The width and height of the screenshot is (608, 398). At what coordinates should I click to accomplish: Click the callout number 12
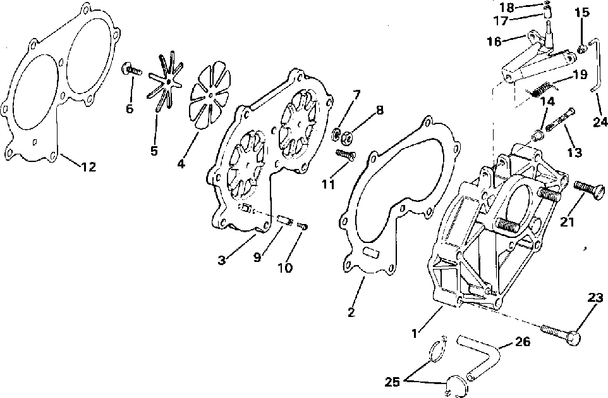click(x=88, y=167)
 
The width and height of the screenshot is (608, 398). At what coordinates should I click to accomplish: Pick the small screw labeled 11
click(x=345, y=154)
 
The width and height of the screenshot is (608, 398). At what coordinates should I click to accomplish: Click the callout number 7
click(x=357, y=96)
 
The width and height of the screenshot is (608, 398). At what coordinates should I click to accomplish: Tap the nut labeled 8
click(x=348, y=135)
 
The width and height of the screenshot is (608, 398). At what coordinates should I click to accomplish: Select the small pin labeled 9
click(x=284, y=221)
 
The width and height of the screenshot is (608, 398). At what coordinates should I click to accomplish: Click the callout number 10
click(x=284, y=268)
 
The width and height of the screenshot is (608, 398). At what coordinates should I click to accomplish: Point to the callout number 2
click(x=351, y=312)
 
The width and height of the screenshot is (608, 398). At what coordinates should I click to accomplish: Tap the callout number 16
click(x=494, y=42)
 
